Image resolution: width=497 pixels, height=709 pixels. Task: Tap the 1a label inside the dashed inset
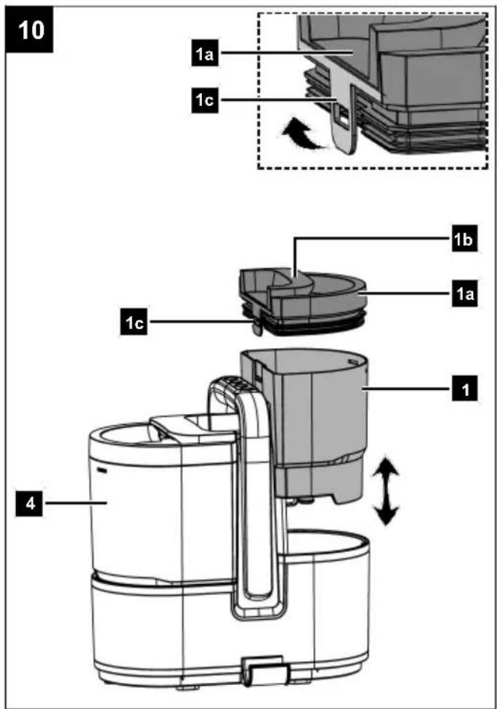[x=204, y=54]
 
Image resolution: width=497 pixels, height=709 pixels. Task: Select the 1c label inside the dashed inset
[x=204, y=100]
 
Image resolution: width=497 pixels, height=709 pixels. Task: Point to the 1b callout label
[x=464, y=239]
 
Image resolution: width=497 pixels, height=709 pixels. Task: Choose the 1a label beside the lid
[x=464, y=294]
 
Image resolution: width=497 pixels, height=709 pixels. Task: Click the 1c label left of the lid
[x=134, y=323]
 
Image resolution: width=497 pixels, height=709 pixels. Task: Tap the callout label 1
[x=464, y=389]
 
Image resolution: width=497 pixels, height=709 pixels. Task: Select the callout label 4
[x=30, y=503]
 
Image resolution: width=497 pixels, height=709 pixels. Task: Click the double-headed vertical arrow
[x=385, y=490]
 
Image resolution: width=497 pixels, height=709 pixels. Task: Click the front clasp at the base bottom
[x=265, y=673]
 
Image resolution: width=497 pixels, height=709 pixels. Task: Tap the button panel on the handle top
[x=237, y=384]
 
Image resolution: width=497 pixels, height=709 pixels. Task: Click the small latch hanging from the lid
[x=256, y=326]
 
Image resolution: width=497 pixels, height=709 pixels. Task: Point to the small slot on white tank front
[x=103, y=469]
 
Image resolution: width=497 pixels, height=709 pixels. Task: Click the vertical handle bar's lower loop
[x=256, y=606]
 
